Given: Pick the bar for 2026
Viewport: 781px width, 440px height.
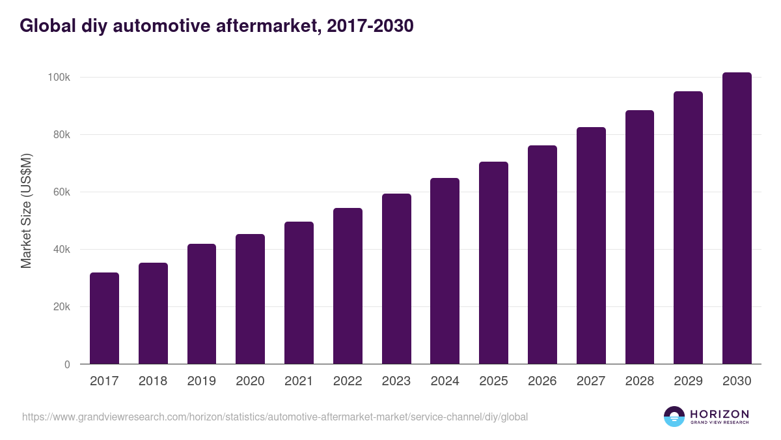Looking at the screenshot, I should click(x=542, y=254).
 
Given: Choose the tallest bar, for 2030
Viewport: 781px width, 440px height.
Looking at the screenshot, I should click(x=737, y=218).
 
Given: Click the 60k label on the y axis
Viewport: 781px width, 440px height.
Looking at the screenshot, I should click(x=61, y=192).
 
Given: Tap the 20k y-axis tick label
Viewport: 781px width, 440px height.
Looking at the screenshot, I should click(x=61, y=307).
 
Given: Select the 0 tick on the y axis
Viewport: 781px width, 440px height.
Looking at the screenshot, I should click(x=66, y=364).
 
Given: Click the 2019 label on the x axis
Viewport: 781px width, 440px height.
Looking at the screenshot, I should click(x=201, y=381).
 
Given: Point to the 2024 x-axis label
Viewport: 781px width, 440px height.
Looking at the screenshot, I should click(x=445, y=381).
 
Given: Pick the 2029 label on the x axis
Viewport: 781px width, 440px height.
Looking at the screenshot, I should click(x=688, y=381).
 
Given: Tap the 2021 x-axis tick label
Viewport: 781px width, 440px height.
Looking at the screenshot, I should click(x=299, y=381).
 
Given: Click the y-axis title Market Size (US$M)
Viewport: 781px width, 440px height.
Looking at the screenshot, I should click(x=26, y=211).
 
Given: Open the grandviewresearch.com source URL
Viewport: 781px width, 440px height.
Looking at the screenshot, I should click(x=275, y=417).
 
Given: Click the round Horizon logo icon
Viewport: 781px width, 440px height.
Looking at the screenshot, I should click(x=674, y=417).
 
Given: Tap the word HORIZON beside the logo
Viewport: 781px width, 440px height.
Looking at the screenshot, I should click(x=719, y=413).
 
